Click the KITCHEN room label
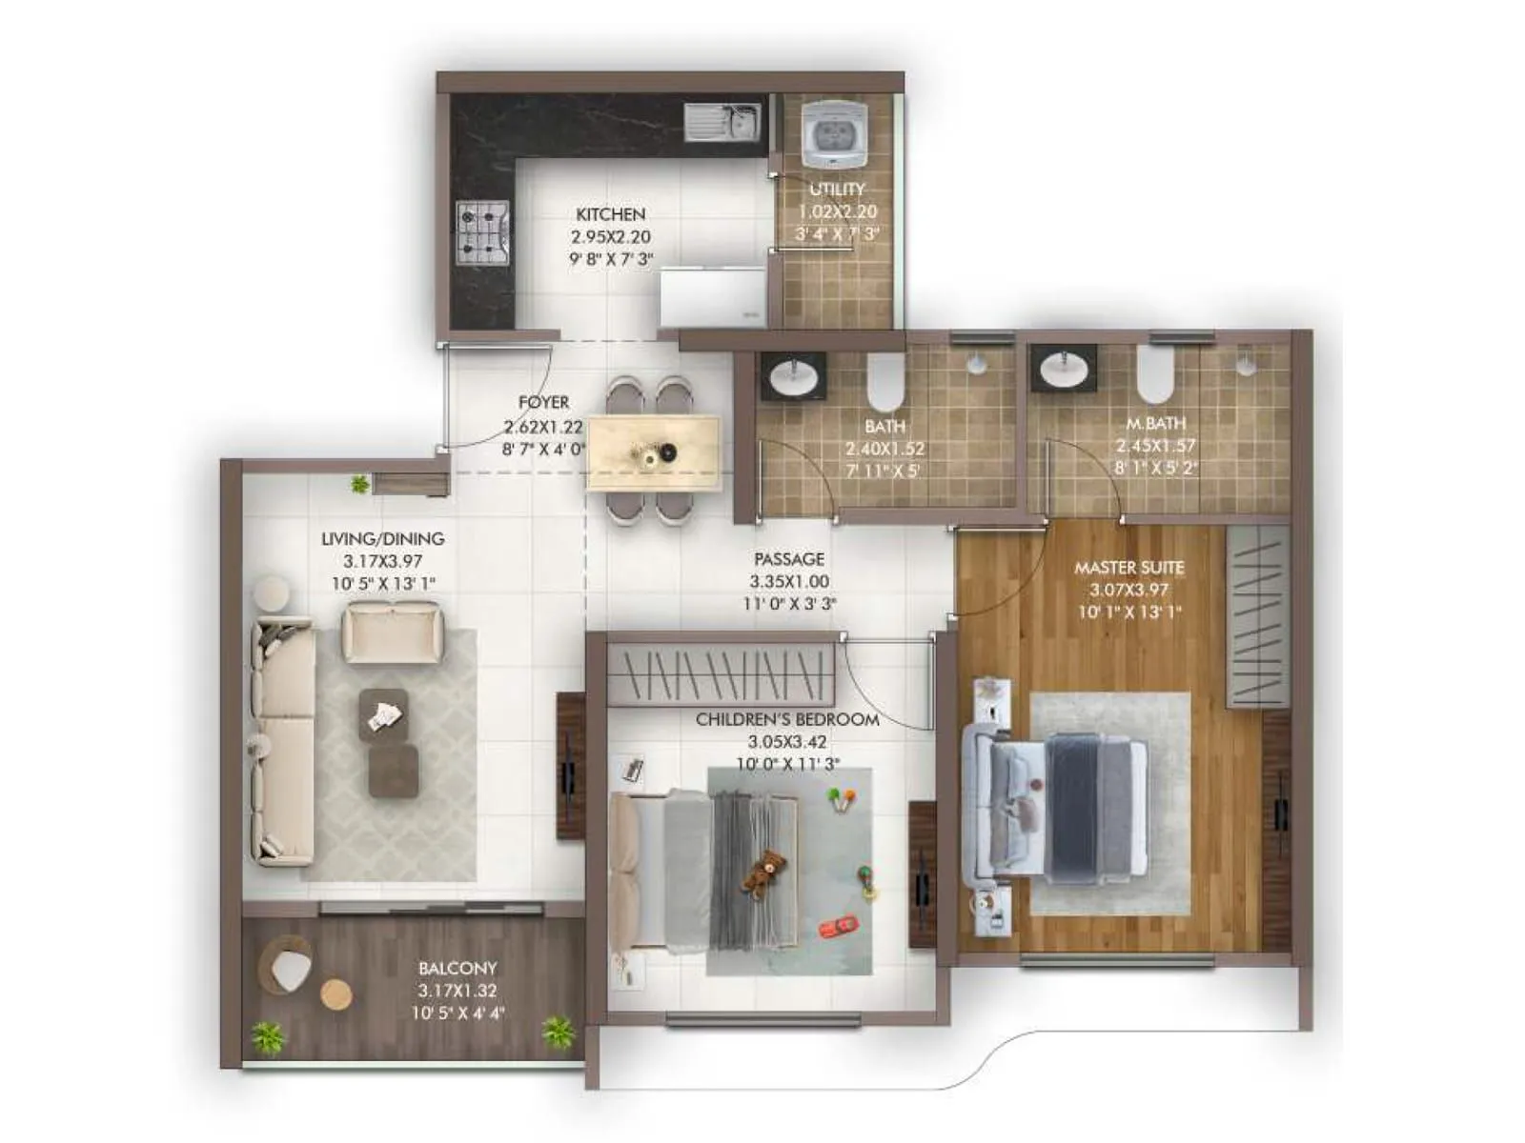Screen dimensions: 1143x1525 pos(610,214)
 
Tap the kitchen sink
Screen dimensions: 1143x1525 pos(722,122)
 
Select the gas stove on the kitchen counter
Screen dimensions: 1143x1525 pos(482,232)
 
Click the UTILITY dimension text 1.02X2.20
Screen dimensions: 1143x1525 pos(837,211)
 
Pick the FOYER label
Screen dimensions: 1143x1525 pos(543,403)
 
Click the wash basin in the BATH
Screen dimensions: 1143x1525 pos(793,375)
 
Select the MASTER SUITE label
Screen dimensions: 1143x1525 pos(1129,568)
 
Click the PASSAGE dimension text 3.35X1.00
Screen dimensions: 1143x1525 pos(788,581)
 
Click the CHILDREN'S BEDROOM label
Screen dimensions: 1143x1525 pos(787,719)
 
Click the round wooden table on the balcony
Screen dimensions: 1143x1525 pos(335,994)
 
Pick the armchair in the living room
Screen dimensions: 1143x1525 pos(393,632)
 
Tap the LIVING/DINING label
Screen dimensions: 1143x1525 pos(382,539)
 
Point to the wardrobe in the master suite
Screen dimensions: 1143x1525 pos(1257,614)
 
